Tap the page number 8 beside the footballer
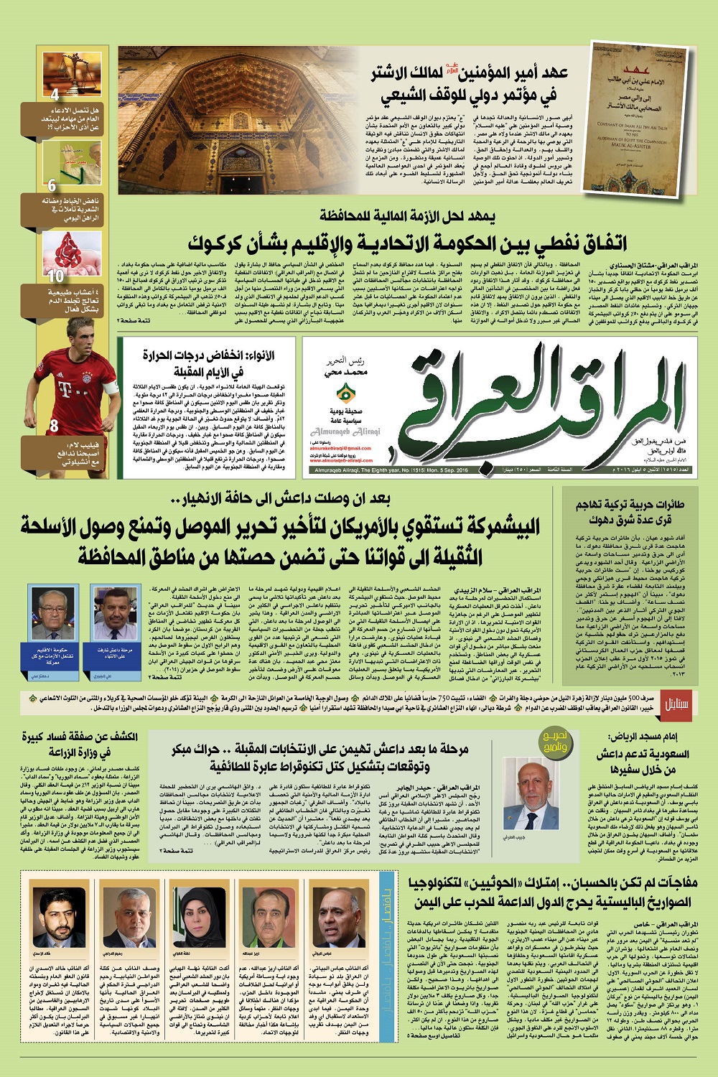click(x=54, y=426)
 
